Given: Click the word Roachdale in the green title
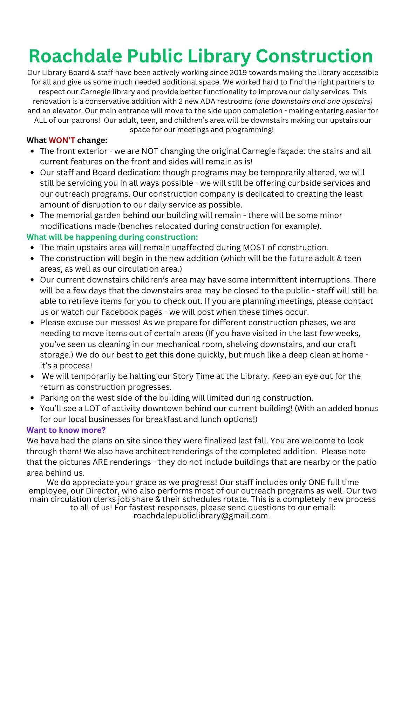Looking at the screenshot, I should (75, 56).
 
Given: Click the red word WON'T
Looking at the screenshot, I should (62, 141).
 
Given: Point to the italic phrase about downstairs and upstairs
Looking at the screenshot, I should (313, 101).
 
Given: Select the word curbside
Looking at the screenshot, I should (304, 183).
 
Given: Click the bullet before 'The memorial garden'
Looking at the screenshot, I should (32, 216).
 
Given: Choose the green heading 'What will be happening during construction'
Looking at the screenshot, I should (112, 237).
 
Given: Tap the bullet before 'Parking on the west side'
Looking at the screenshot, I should (32, 398).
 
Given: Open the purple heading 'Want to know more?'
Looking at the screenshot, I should (66, 430).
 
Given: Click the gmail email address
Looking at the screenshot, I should (201, 516).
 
